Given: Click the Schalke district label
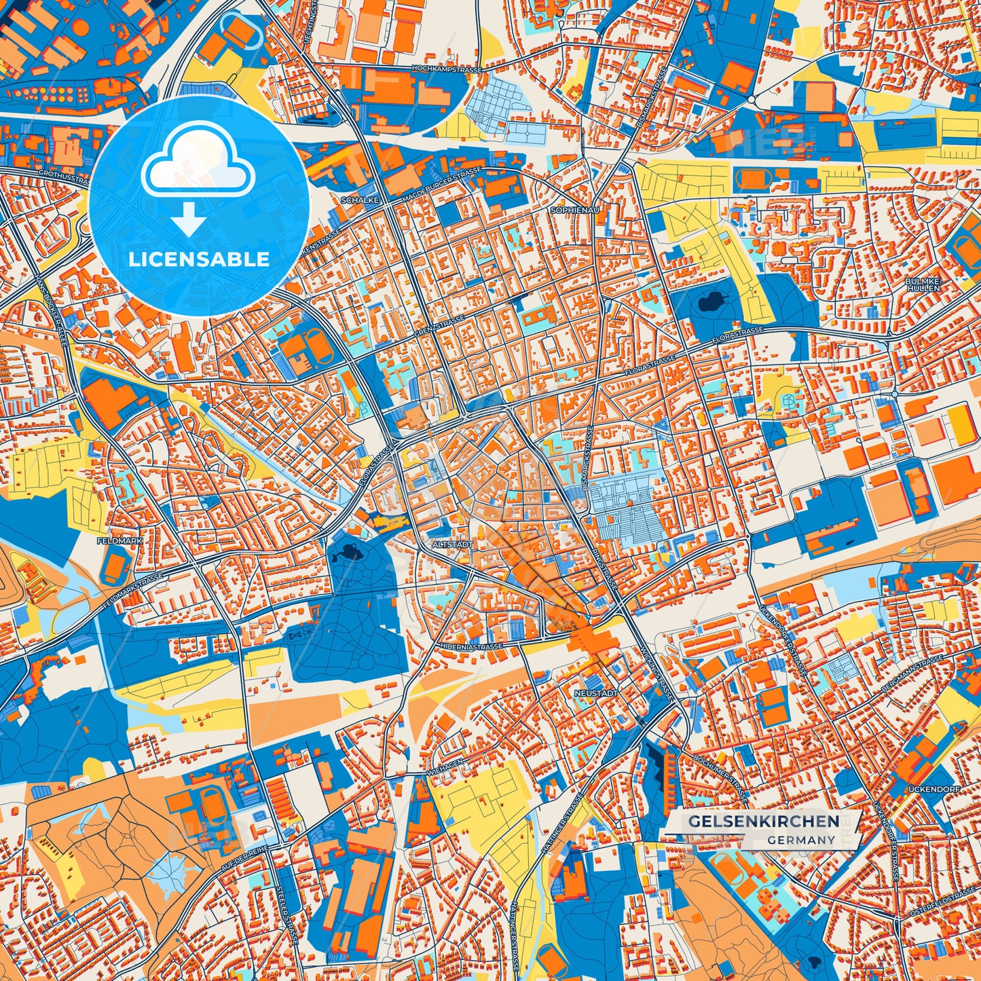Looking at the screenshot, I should click(360, 201).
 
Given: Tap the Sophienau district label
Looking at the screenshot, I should click(574, 210).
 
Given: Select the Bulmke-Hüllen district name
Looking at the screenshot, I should click(923, 284).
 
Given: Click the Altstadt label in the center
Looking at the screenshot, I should click(451, 544).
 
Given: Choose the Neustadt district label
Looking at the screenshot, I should click(595, 693).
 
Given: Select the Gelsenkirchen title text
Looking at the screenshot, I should click(764, 821).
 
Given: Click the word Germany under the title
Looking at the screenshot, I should click(801, 840).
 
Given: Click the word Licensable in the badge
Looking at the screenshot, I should click(199, 259).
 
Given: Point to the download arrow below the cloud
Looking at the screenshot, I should click(189, 220).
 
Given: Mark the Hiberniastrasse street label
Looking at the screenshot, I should click(470, 647).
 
